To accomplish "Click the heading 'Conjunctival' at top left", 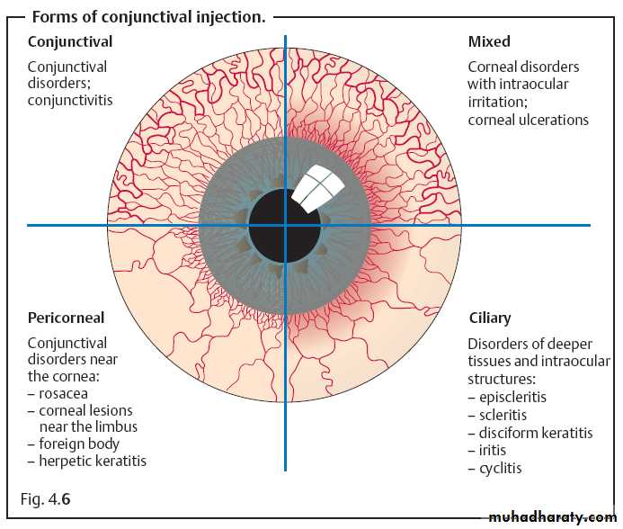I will tap(69, 41).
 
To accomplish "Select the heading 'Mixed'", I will tap(489, 41).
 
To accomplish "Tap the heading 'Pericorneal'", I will tap(66, 318).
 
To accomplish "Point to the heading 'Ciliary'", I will tap(489, 318).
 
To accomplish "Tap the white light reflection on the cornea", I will tap(318, 187).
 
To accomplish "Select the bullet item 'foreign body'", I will tap(78, 444).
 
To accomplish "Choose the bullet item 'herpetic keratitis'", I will tap(92, 461).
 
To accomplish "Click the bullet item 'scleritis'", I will tap(503, 415).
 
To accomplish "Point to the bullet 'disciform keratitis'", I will tap(535, 433).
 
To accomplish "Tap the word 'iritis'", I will tap(492, 450).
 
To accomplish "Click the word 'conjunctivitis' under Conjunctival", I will tap(70, 101).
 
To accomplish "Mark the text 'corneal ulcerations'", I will tap(528, 120).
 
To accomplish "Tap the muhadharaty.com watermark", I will tap(551, 517).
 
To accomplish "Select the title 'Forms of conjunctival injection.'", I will tap(148, 17).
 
